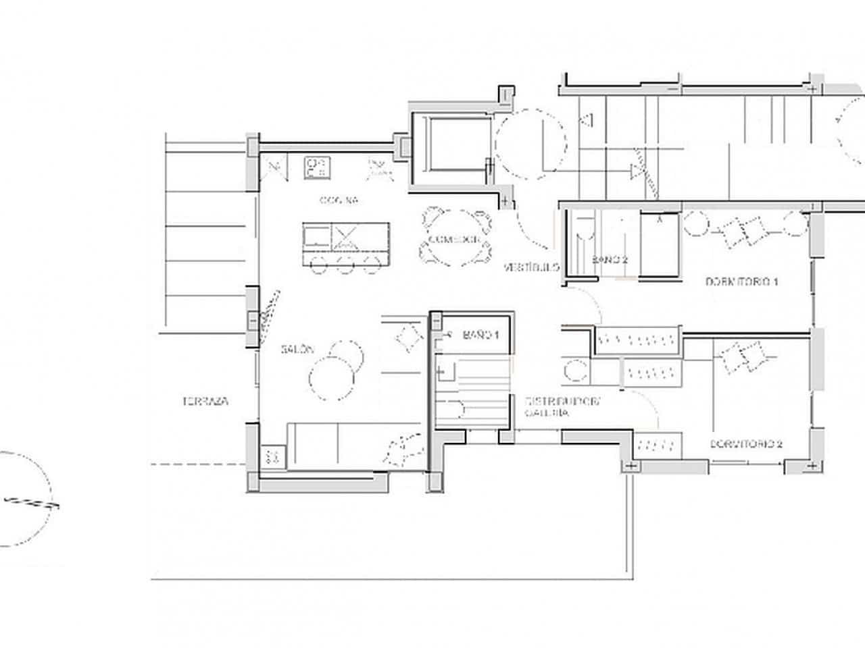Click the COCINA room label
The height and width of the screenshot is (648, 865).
[339, 200]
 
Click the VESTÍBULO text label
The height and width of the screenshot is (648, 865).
[531, 267]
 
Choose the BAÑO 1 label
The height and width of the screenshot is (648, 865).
[480, 334]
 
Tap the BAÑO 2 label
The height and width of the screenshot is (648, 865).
[611, 260]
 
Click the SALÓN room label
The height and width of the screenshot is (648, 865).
[298, 350]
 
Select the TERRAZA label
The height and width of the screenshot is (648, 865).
[205, 401]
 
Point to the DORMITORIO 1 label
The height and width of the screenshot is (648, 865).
[741, 281]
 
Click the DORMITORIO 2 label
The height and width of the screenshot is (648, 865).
[746, 444]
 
